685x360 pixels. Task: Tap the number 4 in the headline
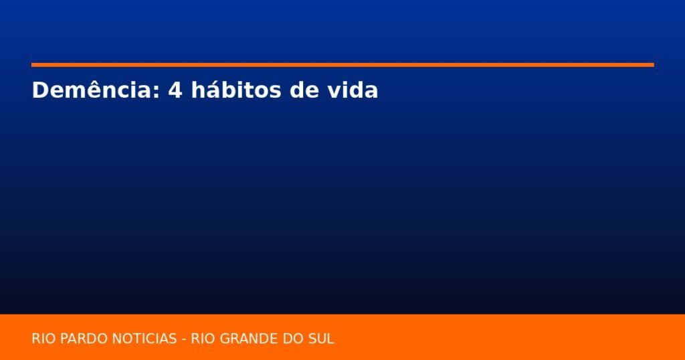coord(175,90)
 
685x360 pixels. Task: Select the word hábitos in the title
coord(236,90)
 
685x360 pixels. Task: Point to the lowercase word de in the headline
coord(304,90)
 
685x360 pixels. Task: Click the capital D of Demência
coord(39,90)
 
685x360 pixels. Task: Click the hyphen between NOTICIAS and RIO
coord(184,340)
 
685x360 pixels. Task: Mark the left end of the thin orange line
coord(31,65)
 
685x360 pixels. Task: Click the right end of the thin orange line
coord(654,65)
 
